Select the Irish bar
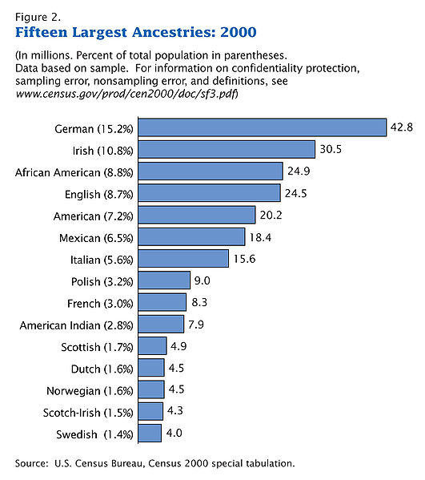(226, 150)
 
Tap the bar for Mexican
(190, 236)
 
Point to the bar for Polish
(163, 280)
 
